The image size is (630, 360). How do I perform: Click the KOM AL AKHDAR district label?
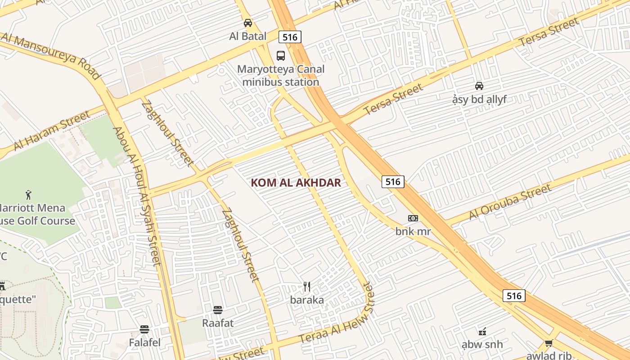pyautogui.click(x=296, y=183)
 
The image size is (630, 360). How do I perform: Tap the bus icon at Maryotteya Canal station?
pyautogui.click(x=281, y=56)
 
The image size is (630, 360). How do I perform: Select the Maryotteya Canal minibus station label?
pyautogui.click(x=281, y=76)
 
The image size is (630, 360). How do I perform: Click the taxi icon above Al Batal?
pyautogui.click(x=247, y=23)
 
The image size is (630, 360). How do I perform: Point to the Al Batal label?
pyautogui.click(x=247, y=36)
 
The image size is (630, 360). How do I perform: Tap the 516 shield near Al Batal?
pyautogui.click(x=290, y=37)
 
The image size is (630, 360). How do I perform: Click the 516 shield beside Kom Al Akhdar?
pyautogui.click(x=393, y=181)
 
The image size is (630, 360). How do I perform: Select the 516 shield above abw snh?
pyautogui.click(x=513, y=295)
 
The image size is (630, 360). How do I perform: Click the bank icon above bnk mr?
pyautogui.click(x=413, y=218)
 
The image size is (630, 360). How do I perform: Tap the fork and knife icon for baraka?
pyautogui.click(x=307, y=287)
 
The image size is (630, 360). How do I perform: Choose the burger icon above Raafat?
pyautogui.click(x=218, y=310)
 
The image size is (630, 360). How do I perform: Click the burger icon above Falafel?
pyautogui.click(x=144, y=329)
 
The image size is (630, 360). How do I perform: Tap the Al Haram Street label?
pyautogui.click(x=52, y=131)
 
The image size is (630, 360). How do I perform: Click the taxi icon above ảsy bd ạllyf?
pyautogui.click(x=479, y=85)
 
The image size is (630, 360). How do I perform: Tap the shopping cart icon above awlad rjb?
pyautogui.click(x=549, y=343)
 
